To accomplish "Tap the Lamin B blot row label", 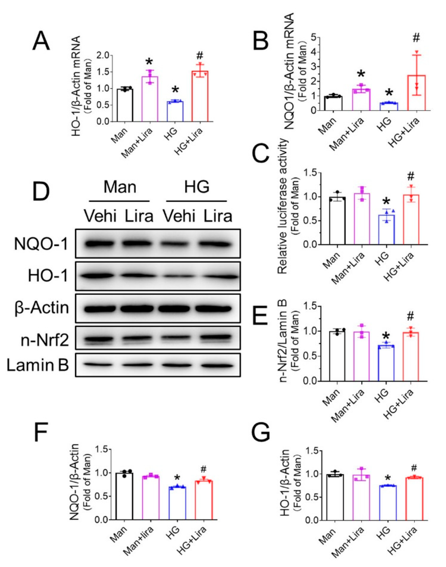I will [38, 365].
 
